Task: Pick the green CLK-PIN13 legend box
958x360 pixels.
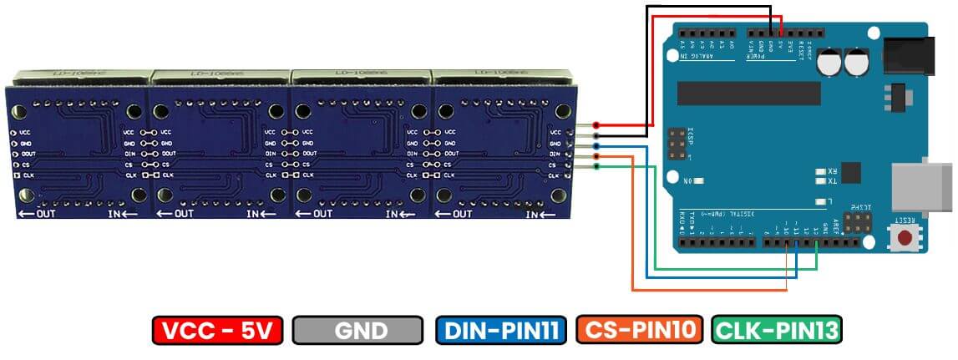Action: tap(776, 331)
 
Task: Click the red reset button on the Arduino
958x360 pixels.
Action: tap(904, 237)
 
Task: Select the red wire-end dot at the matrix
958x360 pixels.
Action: tap(596, 126)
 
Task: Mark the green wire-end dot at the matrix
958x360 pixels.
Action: tap(596, 166)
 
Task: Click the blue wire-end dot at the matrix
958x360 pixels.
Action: tap(596, 146)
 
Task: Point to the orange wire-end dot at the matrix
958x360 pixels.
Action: tap(596, 156)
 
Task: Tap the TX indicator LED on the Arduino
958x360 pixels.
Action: tap(821, 180)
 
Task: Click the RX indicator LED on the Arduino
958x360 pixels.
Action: tap(821, 170)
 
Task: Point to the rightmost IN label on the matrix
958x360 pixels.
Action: tap(535, 215)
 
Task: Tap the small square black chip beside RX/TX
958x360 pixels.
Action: tap(850, 172)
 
